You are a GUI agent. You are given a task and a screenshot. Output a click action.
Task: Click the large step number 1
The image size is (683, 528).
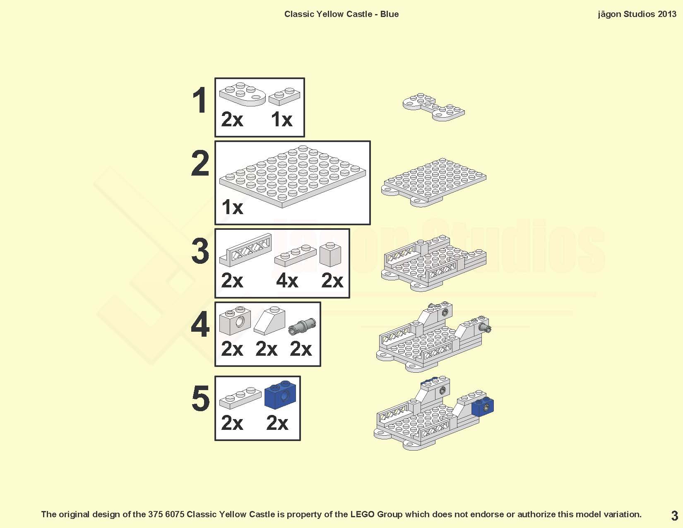(200, 100)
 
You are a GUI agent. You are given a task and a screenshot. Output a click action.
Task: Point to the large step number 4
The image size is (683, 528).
(200, 324)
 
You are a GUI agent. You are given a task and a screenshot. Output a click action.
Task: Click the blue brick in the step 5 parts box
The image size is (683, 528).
(280, 395)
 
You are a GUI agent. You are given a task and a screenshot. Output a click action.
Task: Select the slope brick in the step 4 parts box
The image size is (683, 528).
(269, 321)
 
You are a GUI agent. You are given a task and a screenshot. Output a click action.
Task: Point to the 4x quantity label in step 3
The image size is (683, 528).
(287, 280)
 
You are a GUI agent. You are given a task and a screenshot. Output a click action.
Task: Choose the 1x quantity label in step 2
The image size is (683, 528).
(232, 207)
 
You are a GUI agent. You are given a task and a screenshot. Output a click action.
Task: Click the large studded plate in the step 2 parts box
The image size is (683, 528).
(293, 176)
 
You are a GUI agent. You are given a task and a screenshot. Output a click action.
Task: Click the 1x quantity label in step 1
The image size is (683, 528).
(281, 120)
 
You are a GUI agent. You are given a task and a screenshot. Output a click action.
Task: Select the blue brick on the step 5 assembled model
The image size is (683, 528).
(483, 407)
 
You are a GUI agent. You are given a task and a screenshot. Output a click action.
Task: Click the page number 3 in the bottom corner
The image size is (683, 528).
(674, 516)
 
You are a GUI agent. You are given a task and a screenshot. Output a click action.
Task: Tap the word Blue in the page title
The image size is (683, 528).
(390, 14)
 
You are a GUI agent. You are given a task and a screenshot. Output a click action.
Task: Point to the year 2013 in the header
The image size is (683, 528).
(667, 14)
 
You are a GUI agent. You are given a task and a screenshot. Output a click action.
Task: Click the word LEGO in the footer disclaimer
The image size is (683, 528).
(363, 514)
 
